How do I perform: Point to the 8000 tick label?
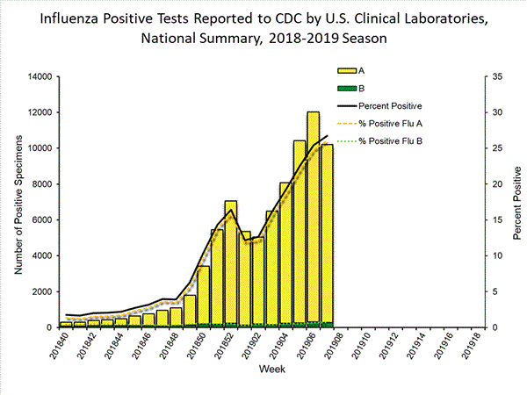click(x=35, y=184)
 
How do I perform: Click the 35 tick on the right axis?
click(x=497, y=77)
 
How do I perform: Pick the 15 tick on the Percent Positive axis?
click(x=497, y=220)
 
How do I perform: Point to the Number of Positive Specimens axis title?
click(x=17, y=202)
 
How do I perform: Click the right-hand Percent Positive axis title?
click(x=518, y=202)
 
